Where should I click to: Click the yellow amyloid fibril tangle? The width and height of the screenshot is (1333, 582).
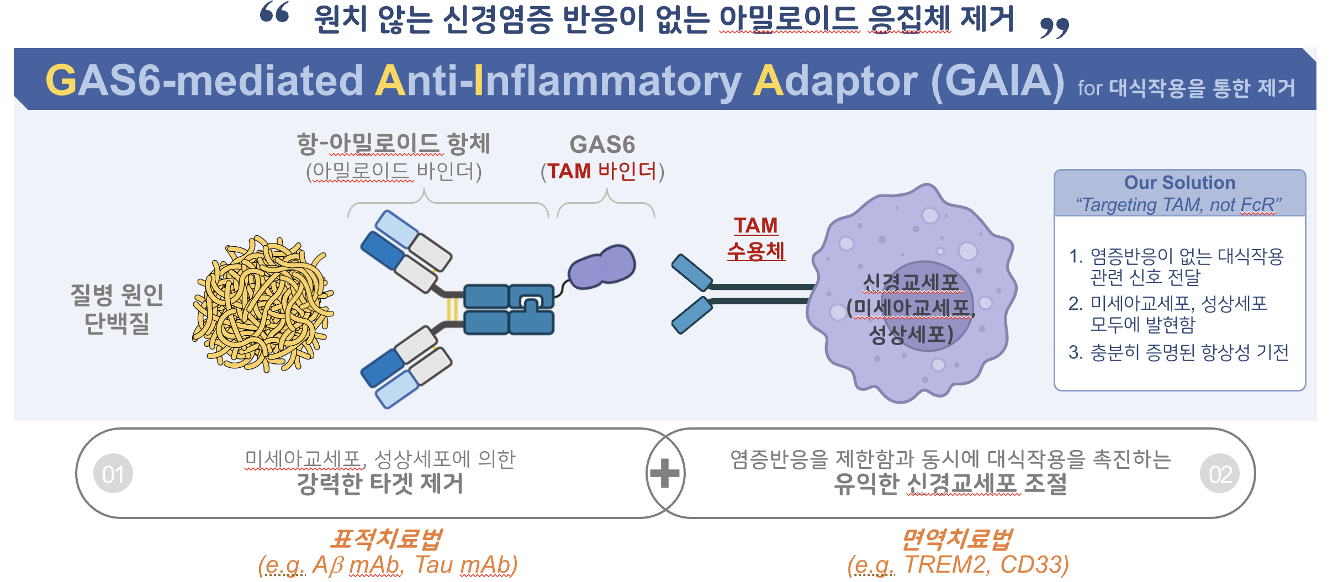pyautogui.click(x=263, y=304)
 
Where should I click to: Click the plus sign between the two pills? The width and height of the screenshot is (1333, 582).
pyautogui.click(x=665, y=473)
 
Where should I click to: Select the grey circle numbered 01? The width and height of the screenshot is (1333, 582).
pyautogui.click(x=113, y=474)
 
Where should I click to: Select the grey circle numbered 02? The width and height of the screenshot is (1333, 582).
pyautogui.click(x=1219, y=474)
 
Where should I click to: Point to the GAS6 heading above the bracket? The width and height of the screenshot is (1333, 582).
pyautogui.click(x=602, y=145)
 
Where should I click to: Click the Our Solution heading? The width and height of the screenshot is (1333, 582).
pyautogui.click(x=1179, y=183)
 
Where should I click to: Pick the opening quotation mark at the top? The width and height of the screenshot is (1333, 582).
pyautogui.click(x=274, y=12)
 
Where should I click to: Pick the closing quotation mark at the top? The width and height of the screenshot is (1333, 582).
pyautogui.click(x=1054, y=28)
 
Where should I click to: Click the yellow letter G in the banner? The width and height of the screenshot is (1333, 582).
pyautogui.click(x=61, y=80)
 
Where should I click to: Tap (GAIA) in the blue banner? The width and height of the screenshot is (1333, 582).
pyautogui.click(x=997, y=81)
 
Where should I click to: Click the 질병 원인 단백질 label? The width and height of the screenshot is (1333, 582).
pyautogui.click(x=117, y=309)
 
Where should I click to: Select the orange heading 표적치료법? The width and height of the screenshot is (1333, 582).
pyautogui.click(x=387, y=539)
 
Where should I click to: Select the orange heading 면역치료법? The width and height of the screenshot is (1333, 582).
pyautogui.click(x=958, y=539)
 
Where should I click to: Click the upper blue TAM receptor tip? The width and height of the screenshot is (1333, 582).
pyautogui.click(x=691, y=272)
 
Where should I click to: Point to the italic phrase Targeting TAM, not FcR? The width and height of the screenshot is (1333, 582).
pyautogui.click(x=1178, y=205)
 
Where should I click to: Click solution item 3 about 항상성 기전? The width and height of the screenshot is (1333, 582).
pyautogui.click(x=1178, y=352)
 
